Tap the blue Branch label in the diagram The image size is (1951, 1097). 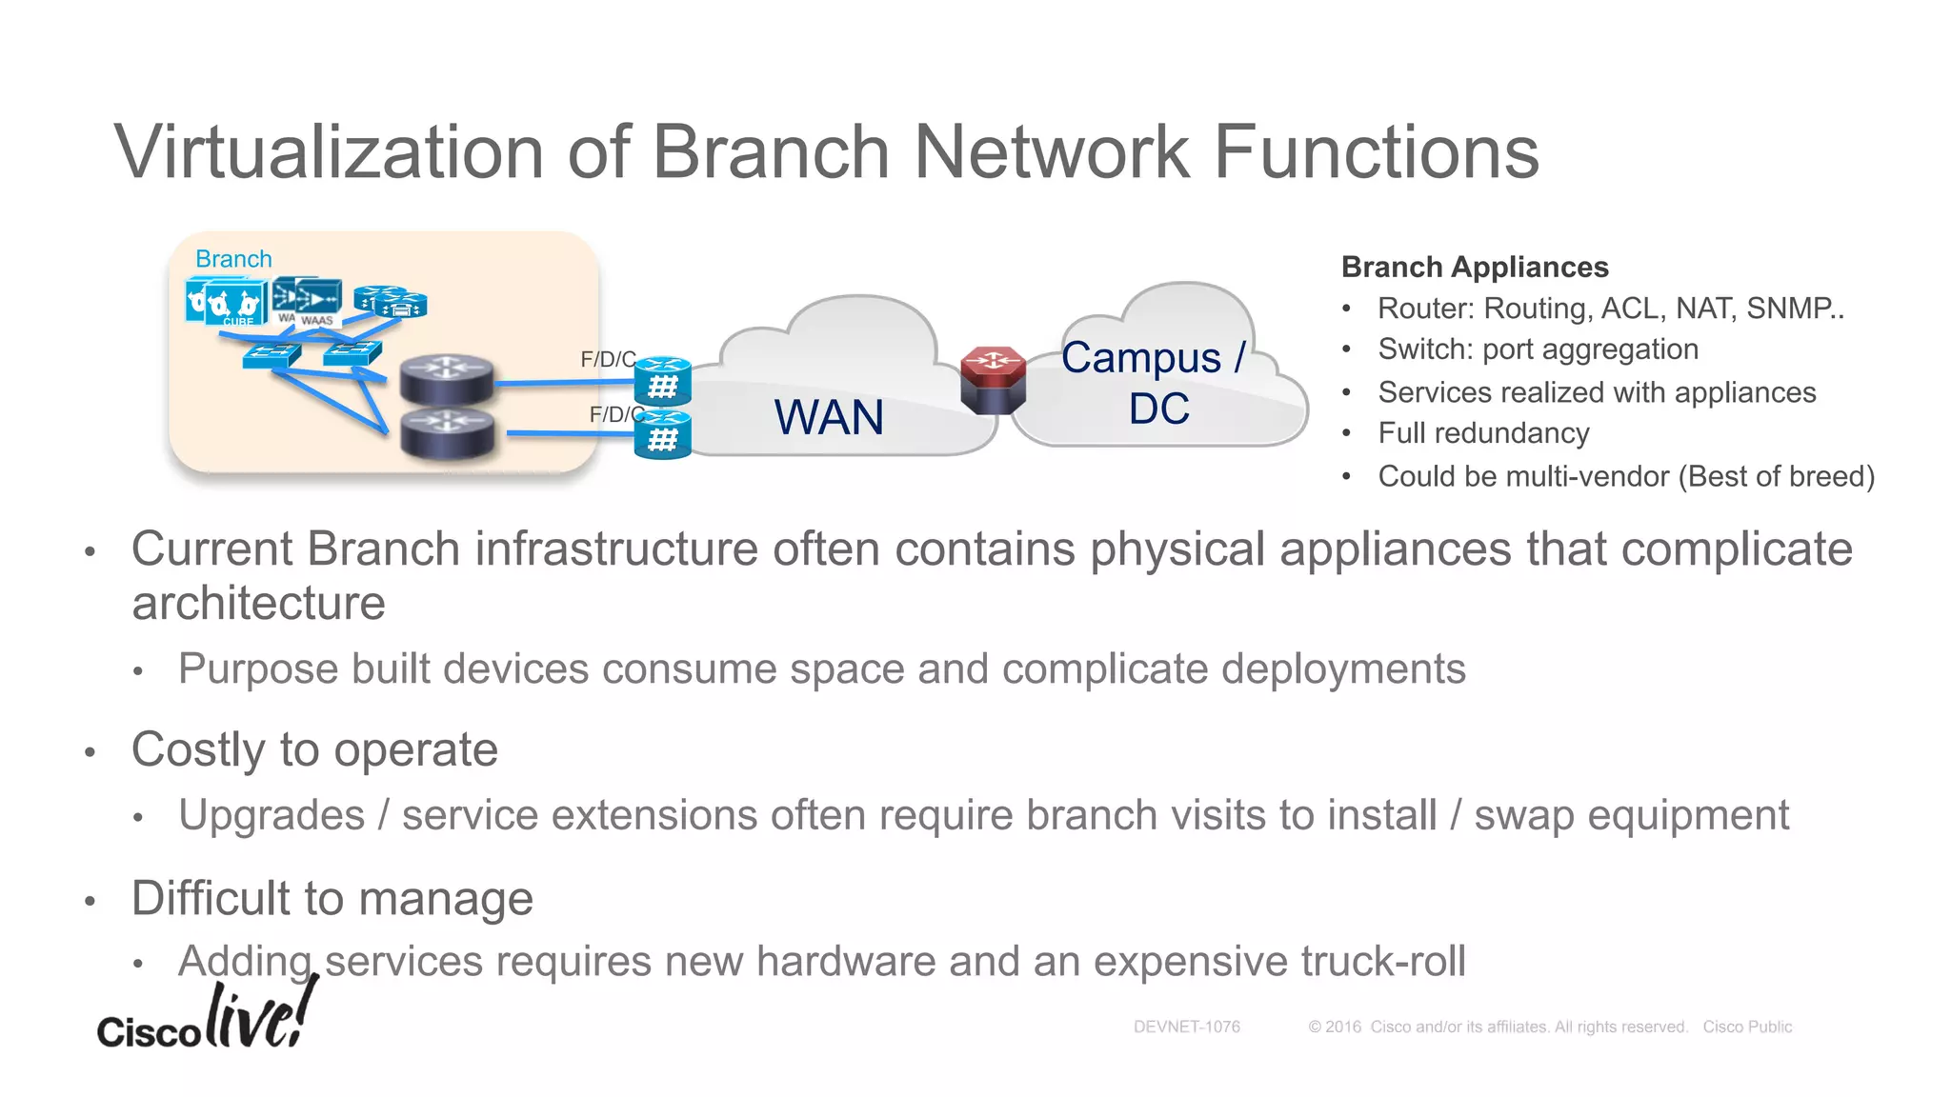(233, 259)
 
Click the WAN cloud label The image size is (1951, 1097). (829, 418)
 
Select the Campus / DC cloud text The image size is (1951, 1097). (1156, 383)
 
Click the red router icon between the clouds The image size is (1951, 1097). (993, 380)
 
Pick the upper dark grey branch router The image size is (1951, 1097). (447, 378)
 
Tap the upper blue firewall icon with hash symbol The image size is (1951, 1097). (663, 381)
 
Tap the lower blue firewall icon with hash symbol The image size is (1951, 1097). (663, 435)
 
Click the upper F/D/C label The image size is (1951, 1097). (608, 360)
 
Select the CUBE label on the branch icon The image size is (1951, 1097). (238, 322)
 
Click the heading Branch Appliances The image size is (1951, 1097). (1474, 268)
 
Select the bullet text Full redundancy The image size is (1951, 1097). (1483, 433)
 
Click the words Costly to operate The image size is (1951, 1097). (314, 749)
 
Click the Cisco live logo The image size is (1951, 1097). (206, 1019)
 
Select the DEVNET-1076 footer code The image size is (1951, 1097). (1186, 1027)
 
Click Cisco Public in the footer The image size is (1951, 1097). (1747, 1027)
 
